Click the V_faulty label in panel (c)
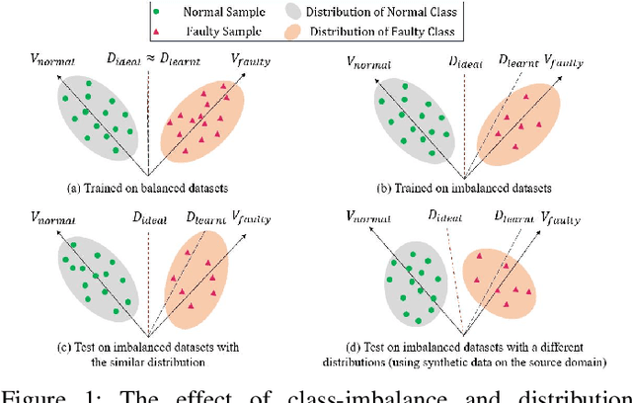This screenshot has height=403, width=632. pyautogui.click(x=252, y=212)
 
